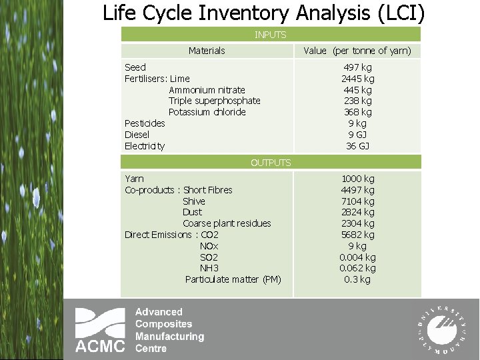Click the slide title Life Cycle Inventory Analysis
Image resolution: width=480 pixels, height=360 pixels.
(x=263, y=13)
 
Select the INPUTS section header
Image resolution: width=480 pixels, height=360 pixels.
(x=271, y=35)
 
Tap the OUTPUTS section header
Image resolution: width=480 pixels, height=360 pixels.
(x=271, y=162)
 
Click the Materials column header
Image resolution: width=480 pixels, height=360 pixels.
(x=207, y=51)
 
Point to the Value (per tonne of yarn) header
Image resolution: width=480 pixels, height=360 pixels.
(x=357, y=51)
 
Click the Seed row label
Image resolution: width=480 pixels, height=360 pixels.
(x=135, y=67)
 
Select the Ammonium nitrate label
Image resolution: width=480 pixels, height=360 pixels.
(x=207, y=90)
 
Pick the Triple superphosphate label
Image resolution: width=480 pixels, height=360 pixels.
(x=214, y=101)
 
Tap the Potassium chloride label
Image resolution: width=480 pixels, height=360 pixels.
(x=207, y=112)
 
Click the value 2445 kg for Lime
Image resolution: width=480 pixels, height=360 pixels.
(x=357, y=79)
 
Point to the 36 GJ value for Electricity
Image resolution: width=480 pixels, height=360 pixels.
(x=357, y=146)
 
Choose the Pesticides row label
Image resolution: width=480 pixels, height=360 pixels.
(x=145, y=123)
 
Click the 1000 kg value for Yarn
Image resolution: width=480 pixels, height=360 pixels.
(x=357, y=179)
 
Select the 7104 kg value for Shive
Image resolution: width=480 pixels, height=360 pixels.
(x=357, y=201)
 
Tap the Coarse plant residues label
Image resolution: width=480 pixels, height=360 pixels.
(x=227, y=223)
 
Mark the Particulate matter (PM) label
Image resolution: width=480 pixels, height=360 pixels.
(x=233, y=279)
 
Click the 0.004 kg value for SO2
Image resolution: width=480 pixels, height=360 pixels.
(x=357, y=257)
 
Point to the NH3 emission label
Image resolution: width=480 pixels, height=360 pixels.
(x=209, y=268)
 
